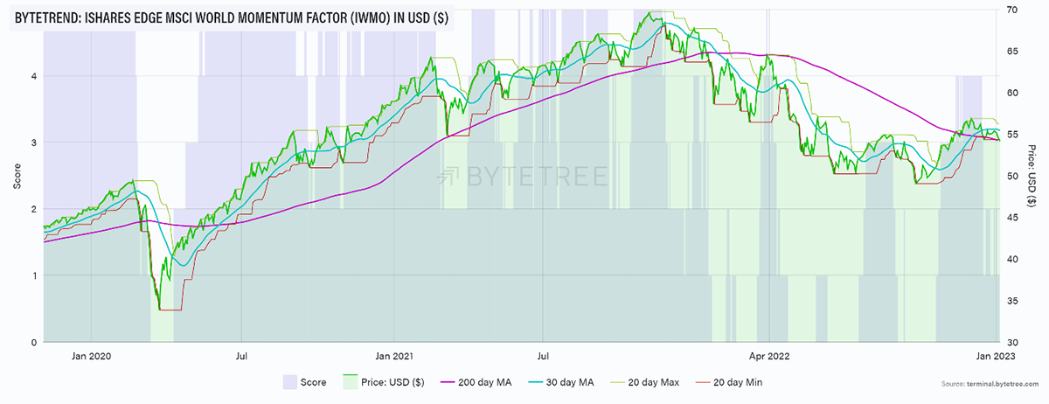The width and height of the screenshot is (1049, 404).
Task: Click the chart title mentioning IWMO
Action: [x=231, y=17]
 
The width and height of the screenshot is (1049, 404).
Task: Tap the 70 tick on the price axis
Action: [x=1011, y=9]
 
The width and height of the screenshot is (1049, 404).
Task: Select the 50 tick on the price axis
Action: [x=1011, y=176]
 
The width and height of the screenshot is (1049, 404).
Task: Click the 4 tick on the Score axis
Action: [x=33, y=76]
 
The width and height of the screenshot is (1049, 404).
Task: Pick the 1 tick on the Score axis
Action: [x=33, y=276]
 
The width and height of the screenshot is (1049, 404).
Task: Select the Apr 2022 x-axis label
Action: [x=769, y=356]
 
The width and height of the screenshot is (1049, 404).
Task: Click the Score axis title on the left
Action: [x=17, y=176]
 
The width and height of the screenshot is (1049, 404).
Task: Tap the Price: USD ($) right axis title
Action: [x=1032, y=176]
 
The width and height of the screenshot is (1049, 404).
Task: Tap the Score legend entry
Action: [x=305, y=382]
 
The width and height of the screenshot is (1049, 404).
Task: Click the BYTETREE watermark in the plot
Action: [x=524, y=176]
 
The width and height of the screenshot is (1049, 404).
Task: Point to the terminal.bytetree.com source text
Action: [x=997, y=385]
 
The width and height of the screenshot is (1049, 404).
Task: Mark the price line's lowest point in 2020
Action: [x=160, y=309]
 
